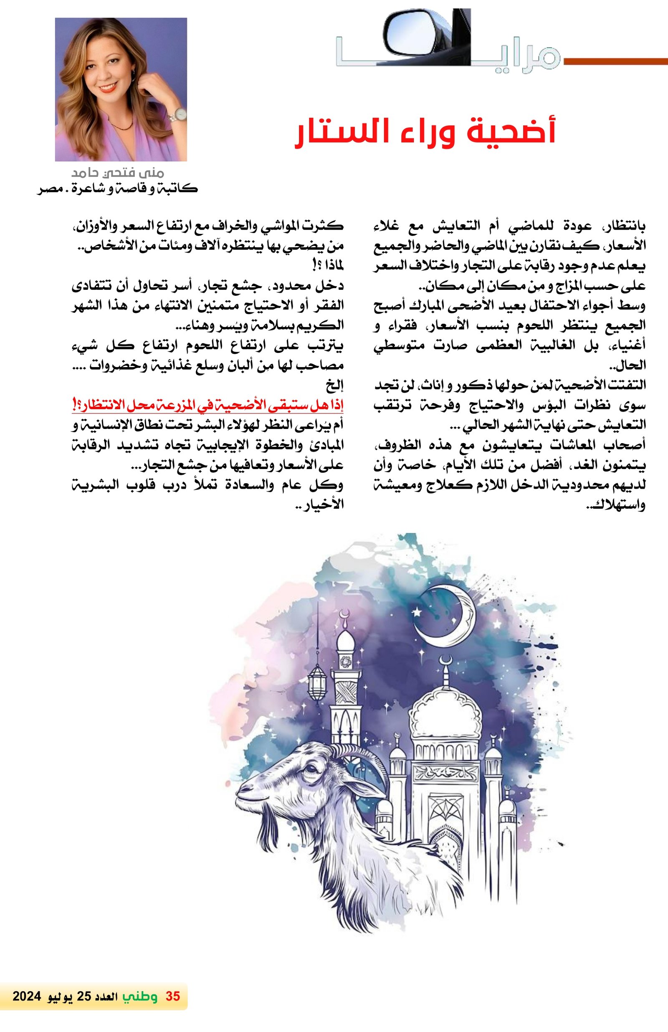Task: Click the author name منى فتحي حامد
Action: click(118, 173)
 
